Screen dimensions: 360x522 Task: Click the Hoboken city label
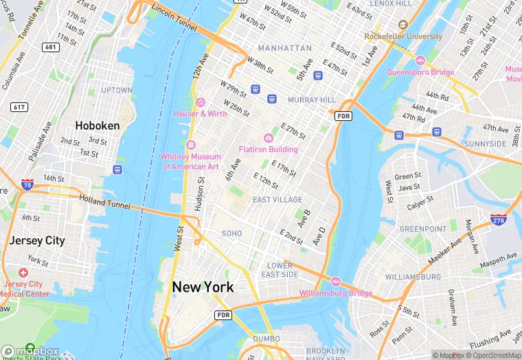(x=97, y=126)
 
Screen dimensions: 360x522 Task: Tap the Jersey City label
(x=36, y=240)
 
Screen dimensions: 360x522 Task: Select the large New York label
(x=203, y=287)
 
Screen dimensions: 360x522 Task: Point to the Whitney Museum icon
(x=190, y=145)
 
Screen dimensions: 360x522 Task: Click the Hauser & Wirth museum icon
(x=200, y=102)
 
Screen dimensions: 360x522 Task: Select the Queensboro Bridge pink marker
(x=420, y=60)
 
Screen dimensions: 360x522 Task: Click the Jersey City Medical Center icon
(x=23, y=273)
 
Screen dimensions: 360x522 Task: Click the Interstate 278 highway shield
(x=498, y=219)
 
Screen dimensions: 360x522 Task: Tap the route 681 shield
(x=50, y=47)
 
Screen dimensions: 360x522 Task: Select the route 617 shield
(x=19, y=107)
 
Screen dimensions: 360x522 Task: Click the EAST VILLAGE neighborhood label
(x=277, y=200)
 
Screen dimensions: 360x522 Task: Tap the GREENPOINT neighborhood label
(x=423, y=228)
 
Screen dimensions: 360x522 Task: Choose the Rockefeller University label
(x=403, y=36)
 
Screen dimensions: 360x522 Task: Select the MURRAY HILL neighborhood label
(x=312, y=100)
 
